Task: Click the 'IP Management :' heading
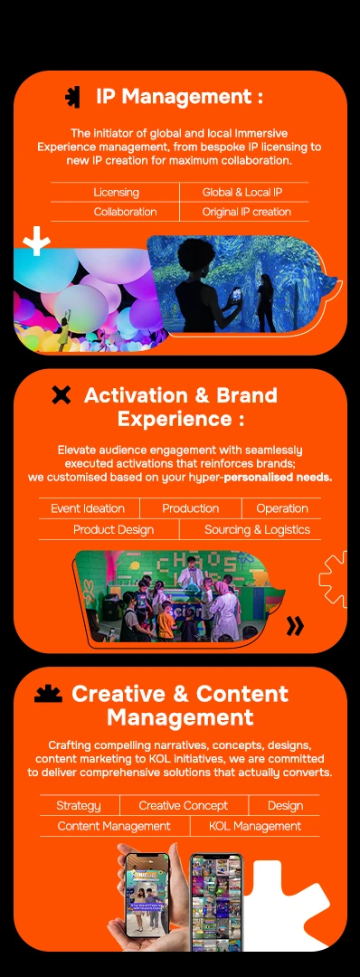click(x=179, y=97)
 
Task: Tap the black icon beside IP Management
click(x=73, y=97)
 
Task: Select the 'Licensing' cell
click(x=116, y=193)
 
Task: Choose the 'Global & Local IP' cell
click(x=242, y=193)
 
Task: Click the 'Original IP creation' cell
click(x=246, y=212)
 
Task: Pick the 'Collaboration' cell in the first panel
click(x=125, y=212)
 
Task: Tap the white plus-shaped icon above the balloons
click(x=36, y=242)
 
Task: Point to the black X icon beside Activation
click(x=61, y=395)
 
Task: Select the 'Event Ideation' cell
click(x=88, y=508)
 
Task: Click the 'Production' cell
click(x=191, y=508)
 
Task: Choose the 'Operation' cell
click(x=282, y=508)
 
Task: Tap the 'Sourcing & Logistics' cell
click(x=257, y=529)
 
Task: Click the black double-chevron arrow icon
click(x=295, y=626)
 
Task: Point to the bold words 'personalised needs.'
click(x=278, y=478)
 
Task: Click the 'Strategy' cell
click(x=79, y=806)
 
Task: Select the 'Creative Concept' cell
click(x=183, y=806)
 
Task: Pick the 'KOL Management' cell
click(x=255, y=826)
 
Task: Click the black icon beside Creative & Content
click(x=49, y=694)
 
